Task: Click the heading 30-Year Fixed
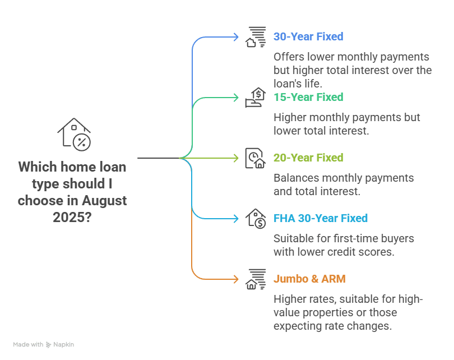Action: pyautogui.click(x=308, y=37)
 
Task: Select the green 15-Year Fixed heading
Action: pyautogui.click(x=308, y=98)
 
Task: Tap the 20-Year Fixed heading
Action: pyautogui.click(x=308, y=158)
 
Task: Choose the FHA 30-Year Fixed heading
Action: pyautogui.click(x=320, y=219)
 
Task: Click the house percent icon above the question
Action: pyautogui.click(x=75, y=135)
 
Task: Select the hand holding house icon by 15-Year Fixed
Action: pyautogui.click(x=256, y=98)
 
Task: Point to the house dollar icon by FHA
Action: pyautogui.click(x=256, y=219)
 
